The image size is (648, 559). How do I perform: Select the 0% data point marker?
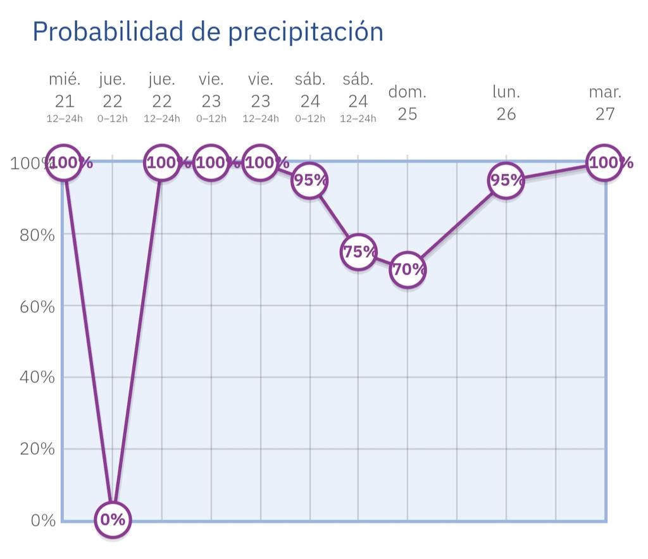point(113,520)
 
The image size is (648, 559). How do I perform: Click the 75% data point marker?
point(358,252)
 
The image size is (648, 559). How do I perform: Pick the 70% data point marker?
point(408,269)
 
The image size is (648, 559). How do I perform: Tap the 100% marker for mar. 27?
point(604,163)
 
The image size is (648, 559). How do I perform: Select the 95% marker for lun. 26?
point(506,180)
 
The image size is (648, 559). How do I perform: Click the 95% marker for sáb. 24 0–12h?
point(309,180)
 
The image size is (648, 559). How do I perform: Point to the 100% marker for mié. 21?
point(65,163)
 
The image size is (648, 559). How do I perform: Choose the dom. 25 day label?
point(408,102)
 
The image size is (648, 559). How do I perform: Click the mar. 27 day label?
point(605,102)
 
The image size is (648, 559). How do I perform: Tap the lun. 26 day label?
point(506,102)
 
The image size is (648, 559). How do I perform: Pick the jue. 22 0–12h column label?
point(113,99)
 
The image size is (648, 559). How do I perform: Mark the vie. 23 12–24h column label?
point(261,99)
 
